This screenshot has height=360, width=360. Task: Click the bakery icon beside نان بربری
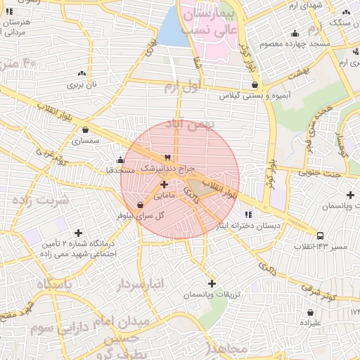(82, 73)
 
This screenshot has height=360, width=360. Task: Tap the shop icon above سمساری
(85, 129)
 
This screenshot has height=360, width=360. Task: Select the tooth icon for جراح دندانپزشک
(167, 157)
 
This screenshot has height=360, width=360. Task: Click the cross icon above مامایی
(165, 184)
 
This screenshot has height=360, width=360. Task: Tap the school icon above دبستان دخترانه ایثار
(247, 214)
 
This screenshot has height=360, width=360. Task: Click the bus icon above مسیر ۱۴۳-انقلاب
(321, 236)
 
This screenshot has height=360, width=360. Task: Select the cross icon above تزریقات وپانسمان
(212, 283)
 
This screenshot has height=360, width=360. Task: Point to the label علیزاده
(310, 323)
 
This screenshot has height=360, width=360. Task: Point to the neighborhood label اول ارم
(182, 87)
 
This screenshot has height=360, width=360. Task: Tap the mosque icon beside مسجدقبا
(120, 159)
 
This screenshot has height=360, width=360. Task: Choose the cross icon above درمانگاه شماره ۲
(78, 233)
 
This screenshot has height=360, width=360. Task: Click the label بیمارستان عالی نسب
(207, 21)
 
